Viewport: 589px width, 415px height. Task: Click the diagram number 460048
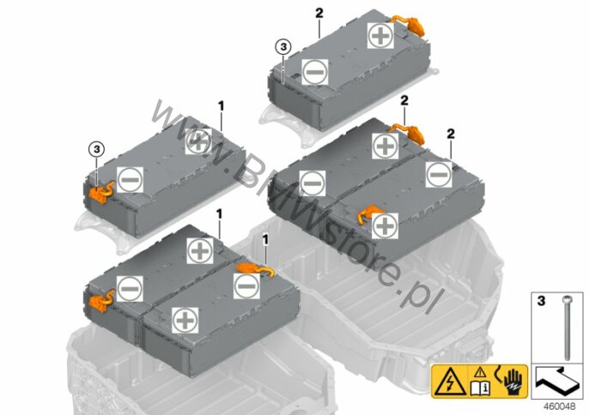click(559, 406)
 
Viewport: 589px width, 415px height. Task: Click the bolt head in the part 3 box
click(567, 299)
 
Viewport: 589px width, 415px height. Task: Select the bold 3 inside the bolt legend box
click(541, 301)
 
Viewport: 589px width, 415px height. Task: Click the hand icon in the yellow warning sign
click(513, 382)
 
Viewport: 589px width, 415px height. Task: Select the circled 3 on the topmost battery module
click(282, 47)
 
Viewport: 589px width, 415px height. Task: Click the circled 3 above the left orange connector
click(96, 150)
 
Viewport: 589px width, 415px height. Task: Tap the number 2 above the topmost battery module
click(319, 14)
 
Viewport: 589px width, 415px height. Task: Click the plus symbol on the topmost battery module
click(380, 35)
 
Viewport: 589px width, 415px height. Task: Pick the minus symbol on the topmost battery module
click(315, 72)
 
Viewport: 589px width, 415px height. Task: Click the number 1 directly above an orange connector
click(265, 240)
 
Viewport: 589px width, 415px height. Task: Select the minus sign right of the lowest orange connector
click(130, 289)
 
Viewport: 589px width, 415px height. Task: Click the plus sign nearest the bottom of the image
click(185, 320)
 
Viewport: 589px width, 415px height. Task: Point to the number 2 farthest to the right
click(451, 134)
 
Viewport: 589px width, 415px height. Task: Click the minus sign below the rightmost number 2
click(439, 174)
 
